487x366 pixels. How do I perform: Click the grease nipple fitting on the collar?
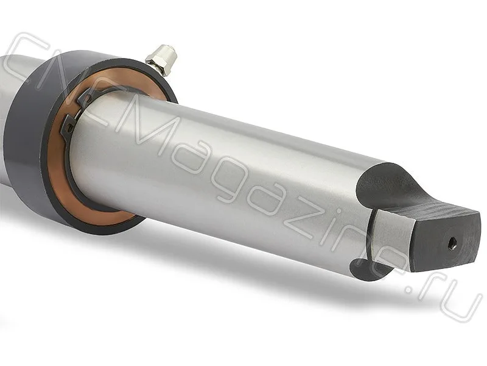[162, 60]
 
